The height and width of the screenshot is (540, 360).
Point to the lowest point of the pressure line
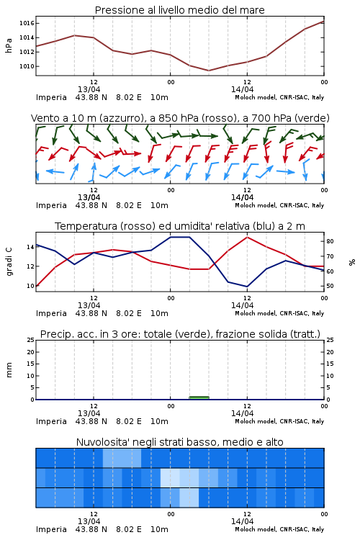click(x=208, y=71)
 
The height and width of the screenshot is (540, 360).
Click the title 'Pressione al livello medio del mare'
click(x=179, y=10)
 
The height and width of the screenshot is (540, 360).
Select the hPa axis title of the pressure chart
click(x=9, y=45)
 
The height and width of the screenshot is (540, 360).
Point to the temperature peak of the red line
click(x=247, y=237)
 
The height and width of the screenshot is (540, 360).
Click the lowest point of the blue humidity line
click(x=247, y=286)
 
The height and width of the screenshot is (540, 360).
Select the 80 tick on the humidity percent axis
click(x=330, y=241)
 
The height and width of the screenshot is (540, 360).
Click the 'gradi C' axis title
click(x=9, y=262)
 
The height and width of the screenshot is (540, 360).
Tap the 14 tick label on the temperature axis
click(x=30, y=247)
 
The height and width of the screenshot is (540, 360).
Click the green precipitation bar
click(x=199, y=397)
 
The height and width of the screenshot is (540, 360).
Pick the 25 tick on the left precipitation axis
click(x=31, y=340)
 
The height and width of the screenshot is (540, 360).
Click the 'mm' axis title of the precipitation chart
click(x=9, y=370)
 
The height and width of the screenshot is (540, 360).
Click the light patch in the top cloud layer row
click(x=122, y=458)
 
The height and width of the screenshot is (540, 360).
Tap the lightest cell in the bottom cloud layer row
click(x=189, y=498)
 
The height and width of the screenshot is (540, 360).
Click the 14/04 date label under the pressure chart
click(x=242, y=89)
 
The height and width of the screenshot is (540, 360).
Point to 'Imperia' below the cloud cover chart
click(x=51, y=529)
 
